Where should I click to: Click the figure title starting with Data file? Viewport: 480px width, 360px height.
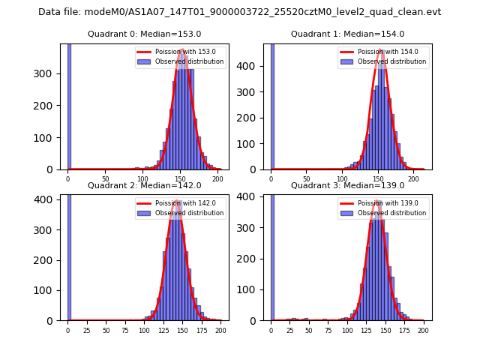[239, 12]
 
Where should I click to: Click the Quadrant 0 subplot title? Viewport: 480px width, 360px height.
[144, 34]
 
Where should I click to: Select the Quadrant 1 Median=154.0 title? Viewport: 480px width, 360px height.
[347, 34]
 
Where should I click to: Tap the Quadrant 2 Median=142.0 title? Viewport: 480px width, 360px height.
[144, 185]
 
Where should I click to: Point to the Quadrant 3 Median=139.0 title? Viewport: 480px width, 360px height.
[347, 185]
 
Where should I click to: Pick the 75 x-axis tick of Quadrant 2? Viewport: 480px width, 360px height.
[124, 330]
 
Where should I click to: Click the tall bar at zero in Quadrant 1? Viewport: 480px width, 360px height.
[272, 105]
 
